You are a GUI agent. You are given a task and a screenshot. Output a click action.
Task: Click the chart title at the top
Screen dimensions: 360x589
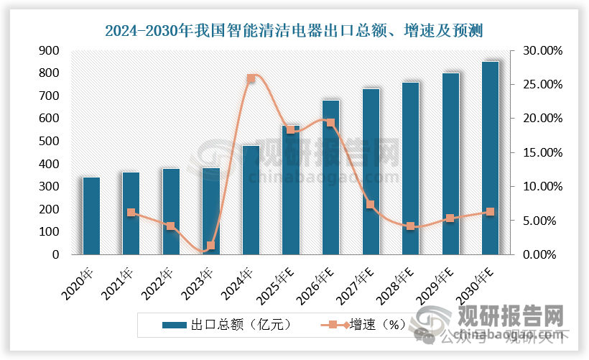pos(294,30)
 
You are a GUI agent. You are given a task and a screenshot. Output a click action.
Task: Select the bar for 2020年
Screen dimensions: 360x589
pos(91,216)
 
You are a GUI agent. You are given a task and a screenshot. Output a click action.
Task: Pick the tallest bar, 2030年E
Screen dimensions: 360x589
pos(490,158)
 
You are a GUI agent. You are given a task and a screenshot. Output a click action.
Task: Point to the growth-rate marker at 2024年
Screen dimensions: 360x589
pos(251,79)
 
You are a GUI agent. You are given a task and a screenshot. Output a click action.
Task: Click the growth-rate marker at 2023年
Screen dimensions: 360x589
pos(210,246)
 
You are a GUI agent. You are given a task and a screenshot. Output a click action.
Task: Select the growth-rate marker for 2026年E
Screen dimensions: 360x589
pos(330,123)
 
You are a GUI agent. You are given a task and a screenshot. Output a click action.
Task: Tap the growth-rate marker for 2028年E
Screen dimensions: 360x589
pos(410,226)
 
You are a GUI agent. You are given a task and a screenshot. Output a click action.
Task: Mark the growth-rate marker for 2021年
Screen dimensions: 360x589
pos(131,213)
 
